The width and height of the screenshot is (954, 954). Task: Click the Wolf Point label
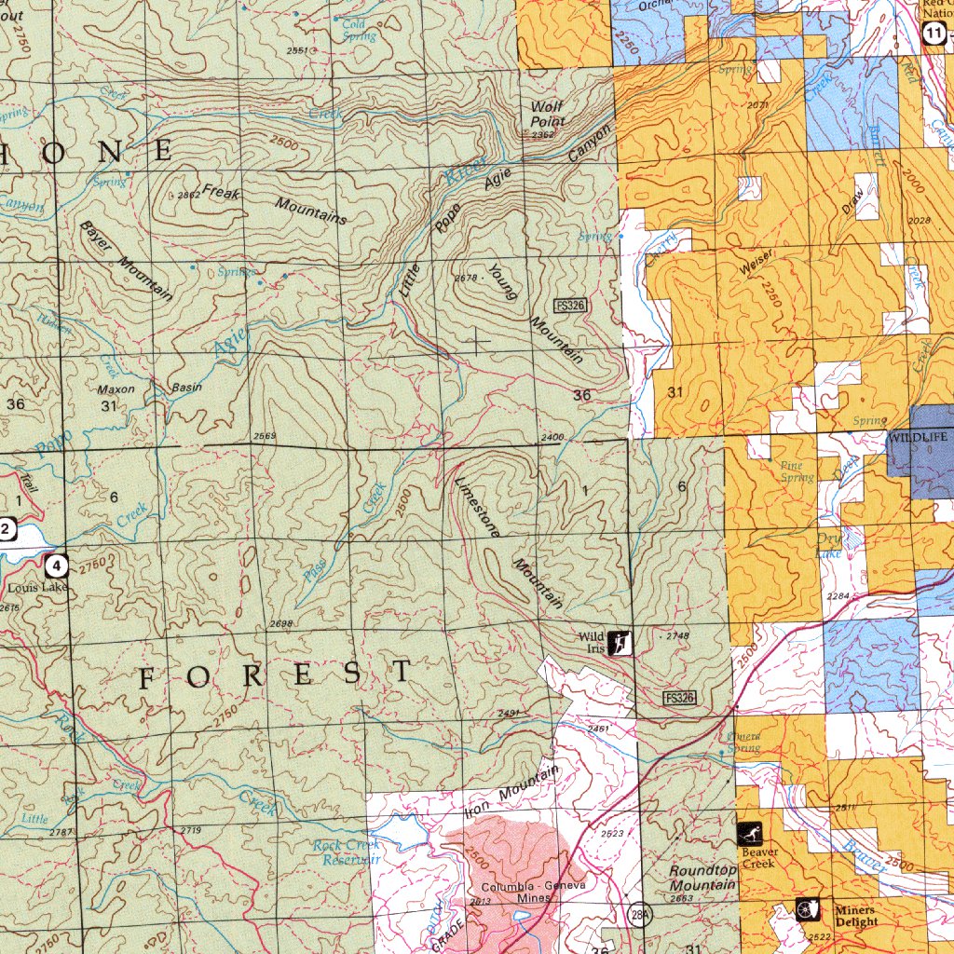click(x=548, y=115)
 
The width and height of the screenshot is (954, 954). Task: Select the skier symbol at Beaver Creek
click(x=749, y=833)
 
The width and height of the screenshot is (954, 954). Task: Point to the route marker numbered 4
click(x=58, y=565)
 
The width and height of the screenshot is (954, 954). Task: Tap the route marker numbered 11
click(x=934, y=34)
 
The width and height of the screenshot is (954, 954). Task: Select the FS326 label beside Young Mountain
click(x=569, y=306)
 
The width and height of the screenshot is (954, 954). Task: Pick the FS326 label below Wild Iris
click(x=680, y=698)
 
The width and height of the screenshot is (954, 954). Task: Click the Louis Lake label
click(x=38, y=588)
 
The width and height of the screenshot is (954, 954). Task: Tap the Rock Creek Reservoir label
click(x=347, y=852)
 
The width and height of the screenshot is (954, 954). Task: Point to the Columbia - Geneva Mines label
click(x=533, y=892)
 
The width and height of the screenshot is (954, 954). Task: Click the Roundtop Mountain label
click(x=702, y=877)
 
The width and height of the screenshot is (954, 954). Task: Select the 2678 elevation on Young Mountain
click(x=465, y=279)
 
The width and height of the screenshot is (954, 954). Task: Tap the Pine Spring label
click(x=797, y=471)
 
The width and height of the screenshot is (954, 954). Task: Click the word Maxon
click(x=116, y=389)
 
